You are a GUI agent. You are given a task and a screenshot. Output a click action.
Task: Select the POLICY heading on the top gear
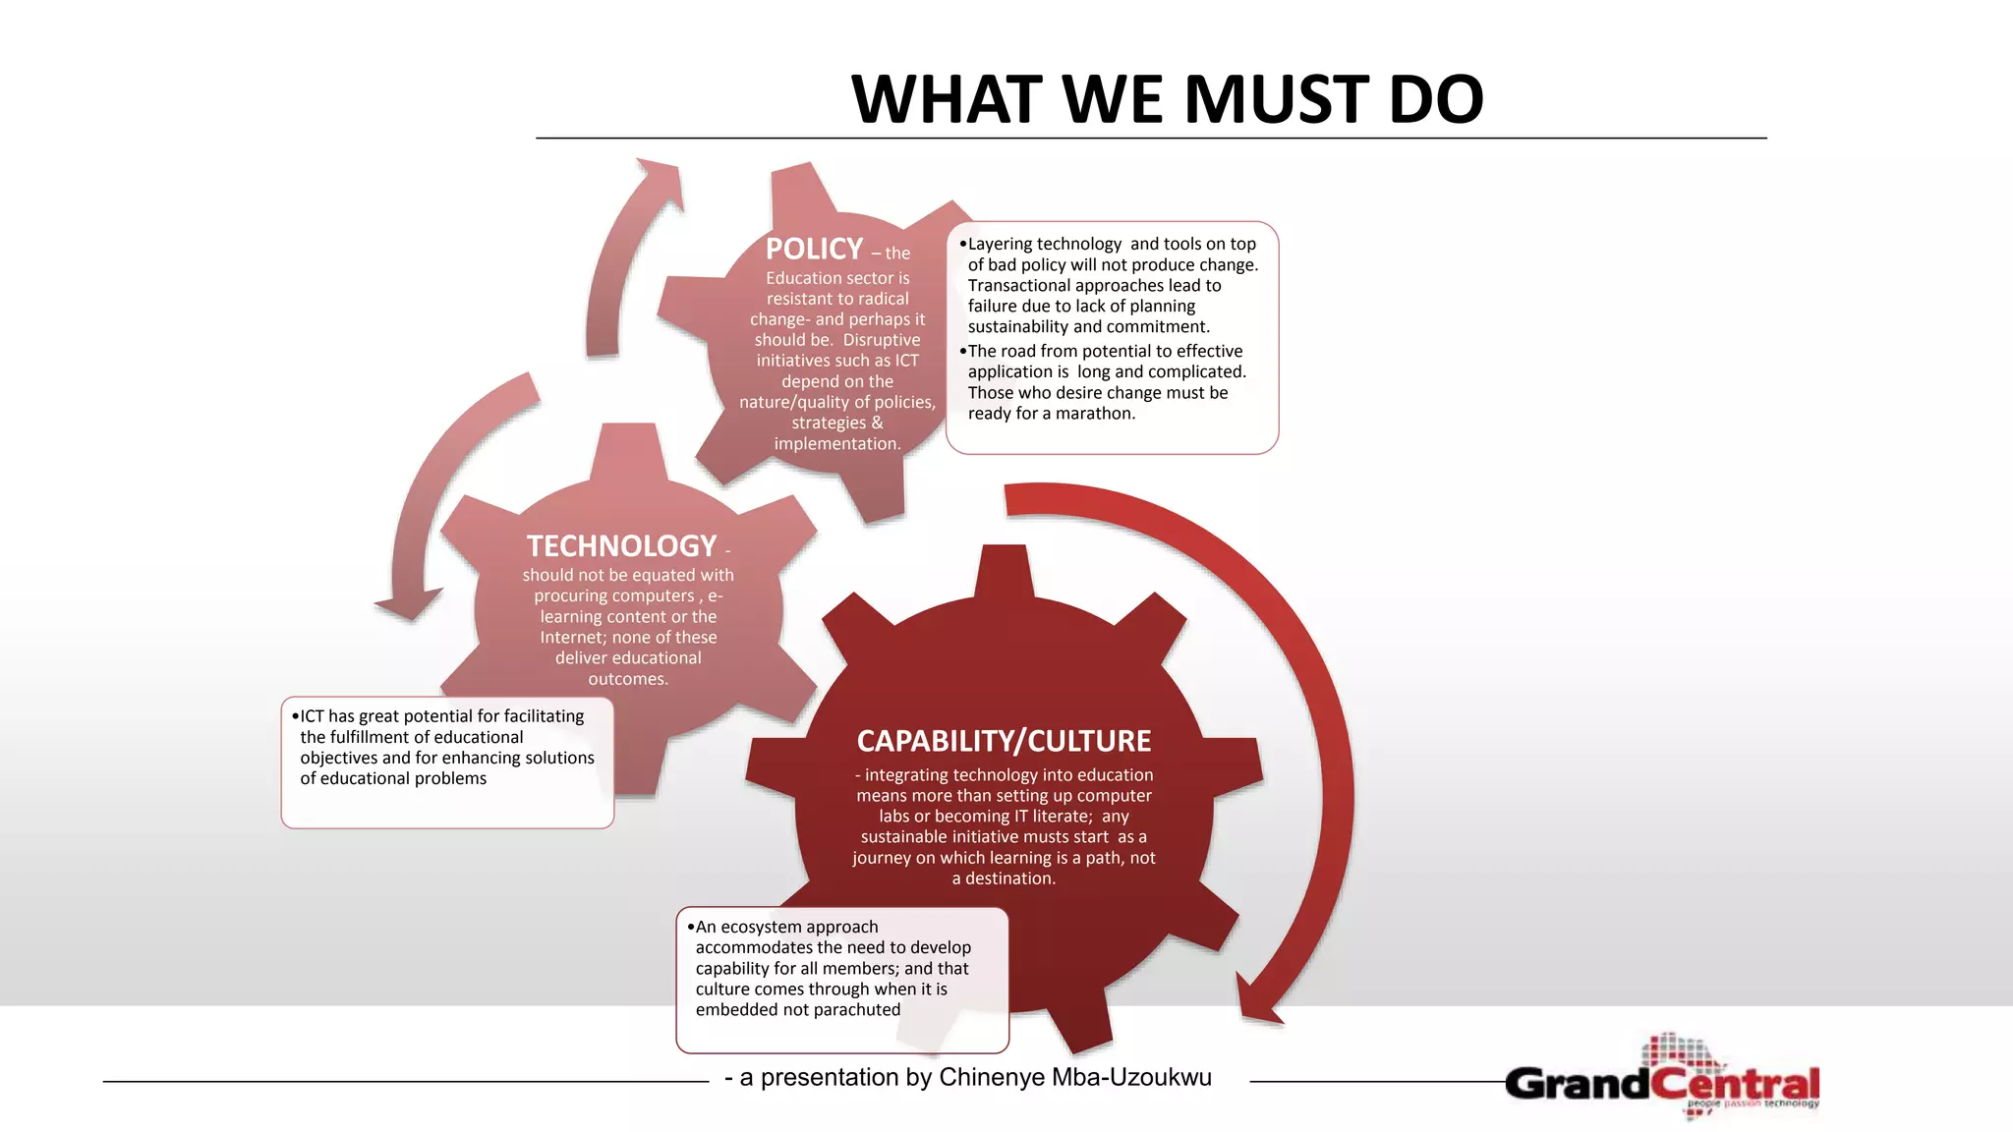pos(814,249)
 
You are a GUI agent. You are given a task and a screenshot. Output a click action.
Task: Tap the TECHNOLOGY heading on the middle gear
pos(621,546)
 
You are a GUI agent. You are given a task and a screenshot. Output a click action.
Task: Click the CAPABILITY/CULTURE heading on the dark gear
pos(1004,741)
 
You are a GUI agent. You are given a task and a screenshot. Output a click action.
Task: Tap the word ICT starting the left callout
pos(312,716)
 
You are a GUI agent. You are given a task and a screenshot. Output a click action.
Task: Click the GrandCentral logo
pos(1662,1080)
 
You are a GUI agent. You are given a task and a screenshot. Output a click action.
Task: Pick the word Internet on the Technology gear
pos(573,638)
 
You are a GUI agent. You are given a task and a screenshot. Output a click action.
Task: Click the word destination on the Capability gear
pos(1009,878)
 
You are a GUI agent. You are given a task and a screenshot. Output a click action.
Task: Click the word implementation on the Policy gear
pos(836,444)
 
